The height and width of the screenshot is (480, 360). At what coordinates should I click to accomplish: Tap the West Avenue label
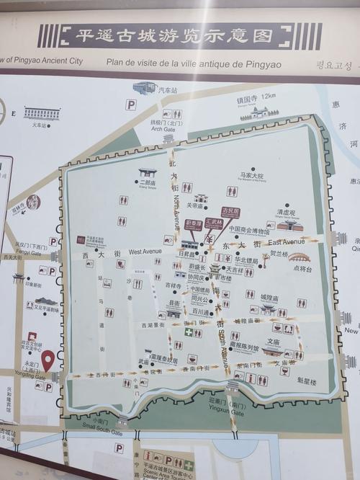coord(145,252)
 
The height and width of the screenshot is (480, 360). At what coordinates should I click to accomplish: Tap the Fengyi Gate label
coord(28,252)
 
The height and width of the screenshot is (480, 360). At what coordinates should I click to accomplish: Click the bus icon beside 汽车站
coord(144,87)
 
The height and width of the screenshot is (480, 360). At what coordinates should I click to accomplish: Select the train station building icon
coord(42,113)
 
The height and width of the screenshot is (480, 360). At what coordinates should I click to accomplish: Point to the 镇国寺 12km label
coord(257,95)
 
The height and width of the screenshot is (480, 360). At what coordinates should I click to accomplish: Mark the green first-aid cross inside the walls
coord(189,332)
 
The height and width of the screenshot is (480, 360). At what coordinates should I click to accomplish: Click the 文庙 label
coord(273,342)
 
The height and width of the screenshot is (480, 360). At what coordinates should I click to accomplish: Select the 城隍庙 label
coord(269,297)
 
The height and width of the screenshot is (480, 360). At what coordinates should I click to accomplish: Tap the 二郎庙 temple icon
coord(148,172)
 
